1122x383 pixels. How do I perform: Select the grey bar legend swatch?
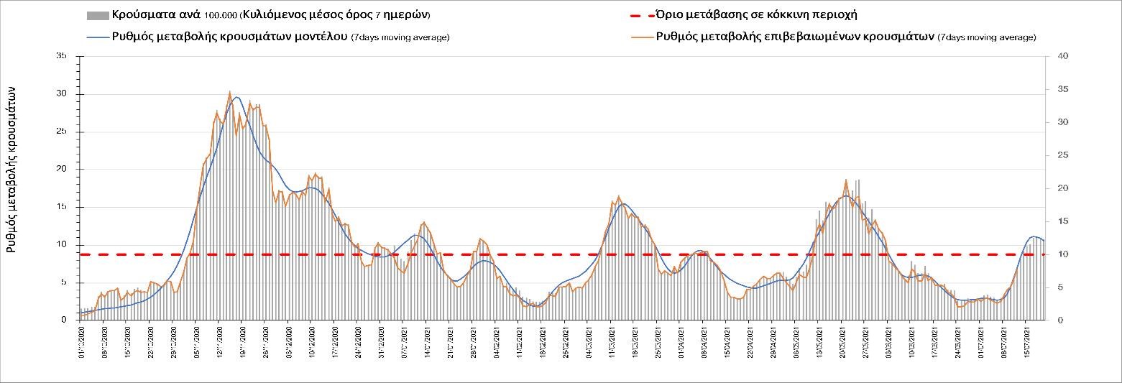pyautogui.click(x=98, y=15)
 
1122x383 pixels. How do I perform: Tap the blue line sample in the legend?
pyautogui.click(x=98, y=37)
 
